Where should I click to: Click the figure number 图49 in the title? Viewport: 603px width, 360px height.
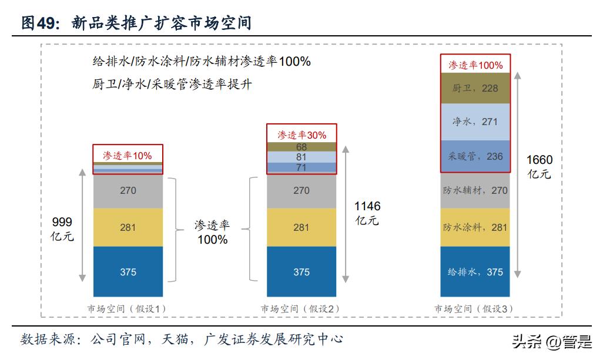click(x=39, y=23)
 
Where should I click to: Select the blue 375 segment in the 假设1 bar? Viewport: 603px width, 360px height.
click(x=128, y=271)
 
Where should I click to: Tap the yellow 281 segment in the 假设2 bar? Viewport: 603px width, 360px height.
click(x=301, y=227)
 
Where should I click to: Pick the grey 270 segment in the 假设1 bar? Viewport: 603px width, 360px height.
click(x=128, y=191)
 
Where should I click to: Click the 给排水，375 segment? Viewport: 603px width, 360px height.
click(x=475, y=271)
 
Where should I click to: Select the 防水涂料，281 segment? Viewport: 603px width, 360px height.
click(x=475, y=227)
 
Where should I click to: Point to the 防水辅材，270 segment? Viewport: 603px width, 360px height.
click(x=475, y=191)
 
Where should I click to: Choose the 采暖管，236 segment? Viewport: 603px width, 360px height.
click(x=475, y=157)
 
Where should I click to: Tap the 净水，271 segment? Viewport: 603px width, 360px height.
click(x=475, y=122)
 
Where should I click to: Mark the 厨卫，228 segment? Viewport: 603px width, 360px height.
click(x=475, y=89)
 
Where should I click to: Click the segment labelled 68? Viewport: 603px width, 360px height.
click(x=301, y=147)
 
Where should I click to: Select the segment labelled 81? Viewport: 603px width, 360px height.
click(x=301, y=157)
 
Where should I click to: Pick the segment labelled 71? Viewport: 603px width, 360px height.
click(x=301, y=168)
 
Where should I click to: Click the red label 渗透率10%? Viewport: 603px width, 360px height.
click(x=128, y=156)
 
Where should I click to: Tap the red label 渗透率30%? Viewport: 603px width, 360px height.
click(x=301, y=134)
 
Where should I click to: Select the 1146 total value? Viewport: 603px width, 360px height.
click(x=367, y=207)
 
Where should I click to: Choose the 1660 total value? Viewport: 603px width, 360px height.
click(x=540, y=160)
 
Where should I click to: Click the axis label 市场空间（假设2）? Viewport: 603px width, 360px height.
click(x=301, y=308)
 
